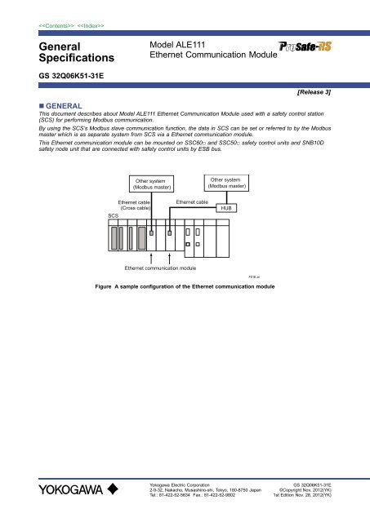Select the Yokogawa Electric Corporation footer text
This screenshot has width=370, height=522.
pyautogui.click(x=181, y=483)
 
